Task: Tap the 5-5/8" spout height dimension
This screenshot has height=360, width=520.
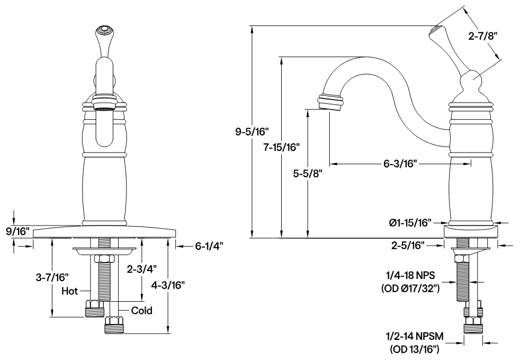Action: click(308, 173)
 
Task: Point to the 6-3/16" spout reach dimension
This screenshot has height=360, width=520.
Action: click(400, 164)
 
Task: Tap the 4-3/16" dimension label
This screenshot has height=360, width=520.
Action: click(169, 285)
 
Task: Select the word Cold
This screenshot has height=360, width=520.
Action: click(141, 310)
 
